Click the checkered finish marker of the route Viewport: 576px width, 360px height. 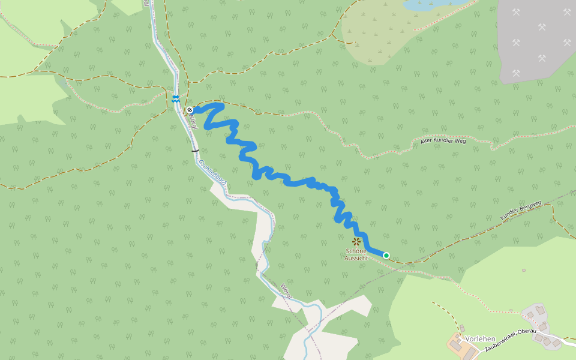click(x=190, y=110)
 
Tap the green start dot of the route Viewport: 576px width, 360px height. click(x=386, y=256)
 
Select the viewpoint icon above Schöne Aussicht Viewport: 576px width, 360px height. click(x=356, y=242)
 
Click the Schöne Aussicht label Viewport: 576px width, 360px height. click(x=356, y=254)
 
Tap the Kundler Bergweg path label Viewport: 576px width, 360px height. click(x=521, y=210)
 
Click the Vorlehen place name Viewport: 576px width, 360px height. click(x=480, y=339)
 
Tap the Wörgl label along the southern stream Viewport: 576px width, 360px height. click(x=286, y=290)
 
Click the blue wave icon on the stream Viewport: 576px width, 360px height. click(x=175, y=99)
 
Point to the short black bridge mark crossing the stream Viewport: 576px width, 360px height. click(x=195, y=149)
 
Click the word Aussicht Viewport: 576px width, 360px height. click(x=356, y=258)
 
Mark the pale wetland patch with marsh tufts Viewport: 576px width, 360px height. click(x=384, y=33)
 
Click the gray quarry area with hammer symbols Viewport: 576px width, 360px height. click(x=537, y=39)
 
